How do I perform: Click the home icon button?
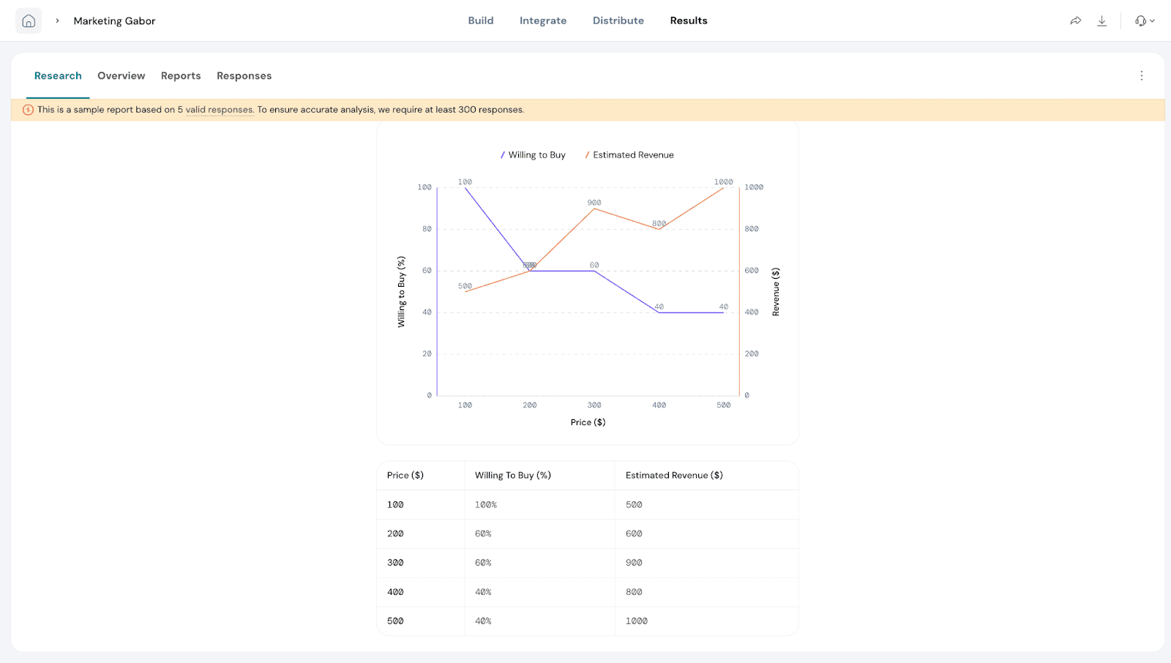pos(29,20)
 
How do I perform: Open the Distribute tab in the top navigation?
pos(618,20)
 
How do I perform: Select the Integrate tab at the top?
pos(542,20)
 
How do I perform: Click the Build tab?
pos(480,20)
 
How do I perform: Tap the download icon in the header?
pos(1101,20)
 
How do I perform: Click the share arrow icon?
pos(1075,20)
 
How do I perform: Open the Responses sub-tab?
pos(244,76)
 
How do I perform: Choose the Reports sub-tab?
pos(181,76)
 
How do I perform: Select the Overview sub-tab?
pos(121,76)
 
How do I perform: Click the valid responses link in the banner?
pos(219,110)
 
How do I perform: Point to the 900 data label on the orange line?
pos(594,203)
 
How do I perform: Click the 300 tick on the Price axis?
pos(594,405)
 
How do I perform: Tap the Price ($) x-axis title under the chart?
pos(588,422)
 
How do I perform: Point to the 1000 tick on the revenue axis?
pos(754,187)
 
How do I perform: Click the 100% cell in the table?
pos(485,505)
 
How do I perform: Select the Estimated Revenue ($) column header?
pos(673,476)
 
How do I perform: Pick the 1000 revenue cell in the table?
pos(636,621)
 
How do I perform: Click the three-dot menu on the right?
pos(1141,76)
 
